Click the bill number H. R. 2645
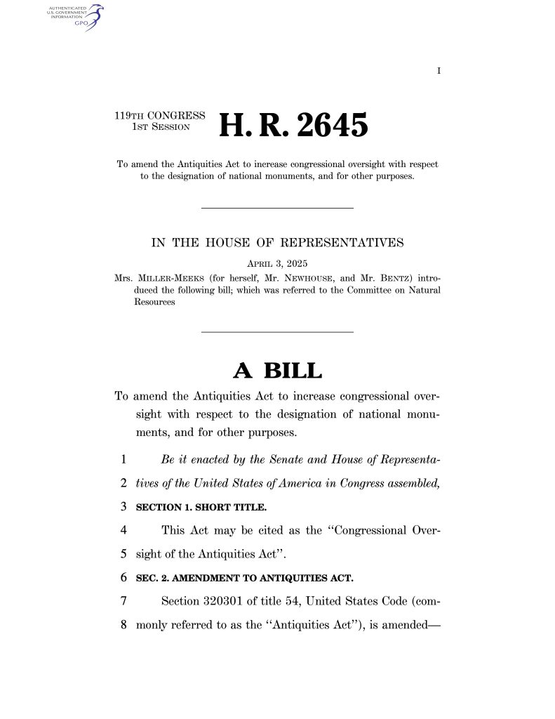pos(293,126)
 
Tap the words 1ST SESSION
pos(161,127)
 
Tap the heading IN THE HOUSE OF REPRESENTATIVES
pos(277,243)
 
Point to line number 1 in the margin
pos(123,459)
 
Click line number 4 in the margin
pos(123,530)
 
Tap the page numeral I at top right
pos(439,70)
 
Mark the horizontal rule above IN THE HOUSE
pos(277,207)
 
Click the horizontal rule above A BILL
pos(277,331)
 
